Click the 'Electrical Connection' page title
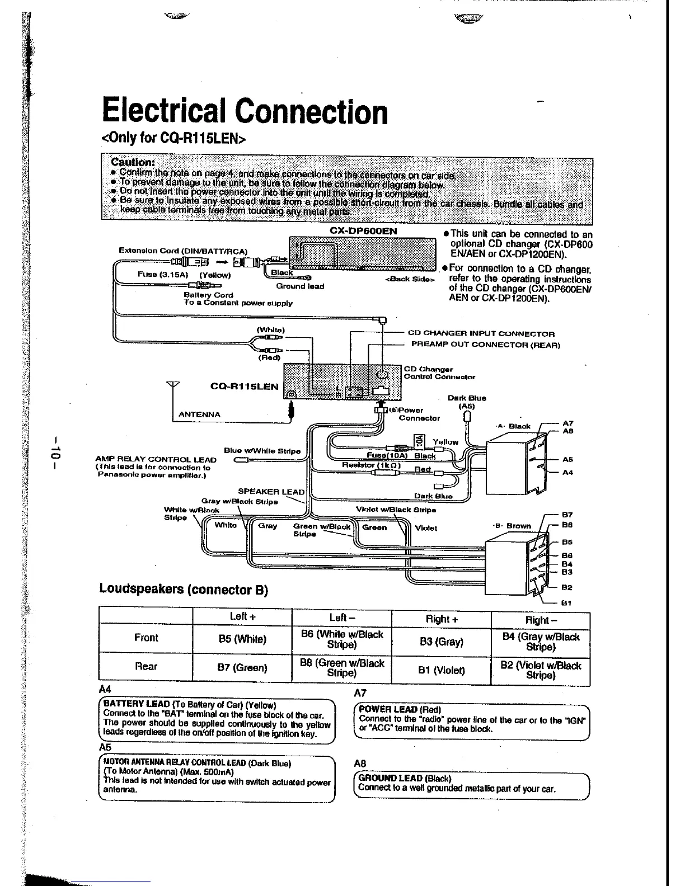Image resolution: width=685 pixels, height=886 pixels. (x=244, y=111)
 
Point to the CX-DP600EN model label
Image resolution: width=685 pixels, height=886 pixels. (x=363, y=230)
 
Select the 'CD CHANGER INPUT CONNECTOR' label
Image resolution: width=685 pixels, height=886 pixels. (x=481, y=333)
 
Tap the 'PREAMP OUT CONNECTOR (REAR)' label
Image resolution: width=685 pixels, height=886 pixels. (x=485, y=345)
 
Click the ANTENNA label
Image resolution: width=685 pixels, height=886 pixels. (x=199, y=414)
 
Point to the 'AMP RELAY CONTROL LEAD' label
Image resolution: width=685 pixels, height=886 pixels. (x=156, y=460)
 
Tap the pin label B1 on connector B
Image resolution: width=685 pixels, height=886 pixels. (x=567, y=603)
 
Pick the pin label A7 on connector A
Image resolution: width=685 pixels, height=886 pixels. (x=567, y=423)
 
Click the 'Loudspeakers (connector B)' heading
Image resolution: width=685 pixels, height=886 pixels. (x=184, y=589)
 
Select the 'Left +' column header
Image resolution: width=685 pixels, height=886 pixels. (x=242, y=616)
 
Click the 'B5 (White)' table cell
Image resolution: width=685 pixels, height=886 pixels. (x=242, y=639)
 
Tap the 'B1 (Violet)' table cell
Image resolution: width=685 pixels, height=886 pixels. (x=442, y=670)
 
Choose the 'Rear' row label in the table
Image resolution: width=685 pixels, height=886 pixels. (x=146, y=666)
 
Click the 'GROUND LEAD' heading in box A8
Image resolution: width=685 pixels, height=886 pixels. (x=390, y=777)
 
